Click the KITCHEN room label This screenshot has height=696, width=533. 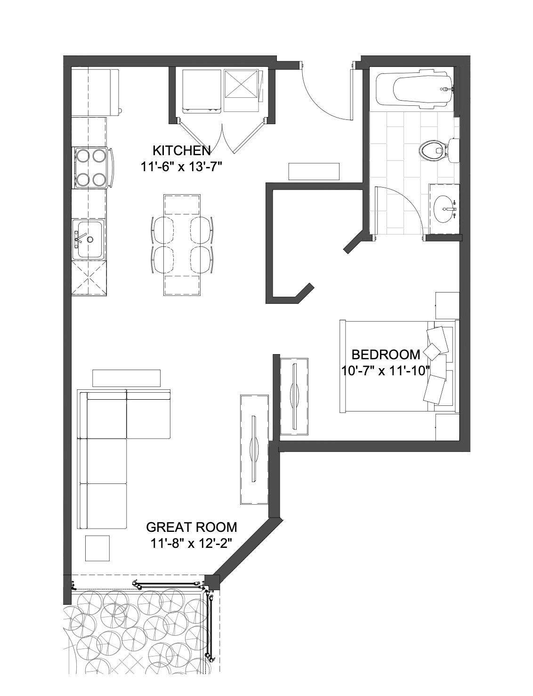point(182,150)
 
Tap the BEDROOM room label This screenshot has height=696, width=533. point(386,355)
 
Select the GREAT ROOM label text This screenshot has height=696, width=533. point(192,527)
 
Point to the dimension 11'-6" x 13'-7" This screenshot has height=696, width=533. point(181,166)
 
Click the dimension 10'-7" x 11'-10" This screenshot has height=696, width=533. point(386,371)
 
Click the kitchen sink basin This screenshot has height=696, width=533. point(88,239)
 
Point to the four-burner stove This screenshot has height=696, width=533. point(92,168)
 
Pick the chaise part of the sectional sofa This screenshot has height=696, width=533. point(149,414)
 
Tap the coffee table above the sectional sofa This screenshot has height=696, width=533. point(126,378)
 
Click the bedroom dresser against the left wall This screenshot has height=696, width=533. point(294,396)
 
